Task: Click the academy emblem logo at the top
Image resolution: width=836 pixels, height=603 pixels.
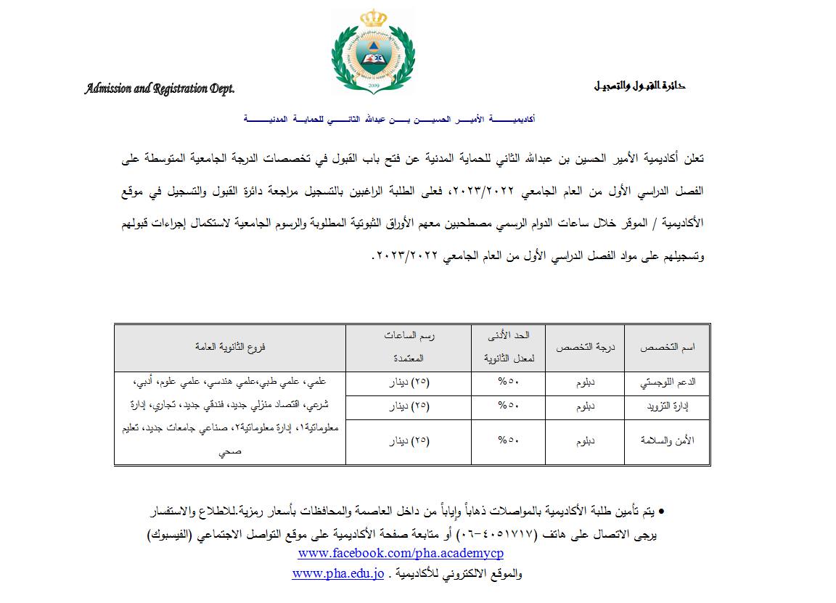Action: (x=374, y=52)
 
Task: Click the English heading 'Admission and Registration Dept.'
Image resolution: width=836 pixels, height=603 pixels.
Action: (x=160, y=89)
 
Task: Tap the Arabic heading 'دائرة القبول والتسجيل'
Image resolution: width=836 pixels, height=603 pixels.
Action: (x=639, y=86)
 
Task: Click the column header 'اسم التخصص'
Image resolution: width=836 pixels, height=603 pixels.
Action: (x=667, y=348)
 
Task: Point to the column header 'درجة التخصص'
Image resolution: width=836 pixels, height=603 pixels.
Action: (x=585, y=348)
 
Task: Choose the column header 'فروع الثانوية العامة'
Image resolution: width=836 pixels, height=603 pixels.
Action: (x=230, y=348)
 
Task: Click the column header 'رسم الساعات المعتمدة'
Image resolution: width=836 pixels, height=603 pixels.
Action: (x=409, y=347)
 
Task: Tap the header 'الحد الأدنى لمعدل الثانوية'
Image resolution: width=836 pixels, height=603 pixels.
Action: (x=508, y=347)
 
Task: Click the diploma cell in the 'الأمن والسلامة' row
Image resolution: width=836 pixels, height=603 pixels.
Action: (x=585, y=440)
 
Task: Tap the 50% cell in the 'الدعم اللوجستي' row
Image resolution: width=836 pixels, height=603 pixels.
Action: (x=508, y=383)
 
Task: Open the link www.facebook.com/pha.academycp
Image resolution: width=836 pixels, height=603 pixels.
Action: (x=401, y=554)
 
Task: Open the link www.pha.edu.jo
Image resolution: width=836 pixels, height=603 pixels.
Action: (x=337, y=573)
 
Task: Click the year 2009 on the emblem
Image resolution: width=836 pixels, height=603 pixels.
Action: (x=374, y=86)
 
